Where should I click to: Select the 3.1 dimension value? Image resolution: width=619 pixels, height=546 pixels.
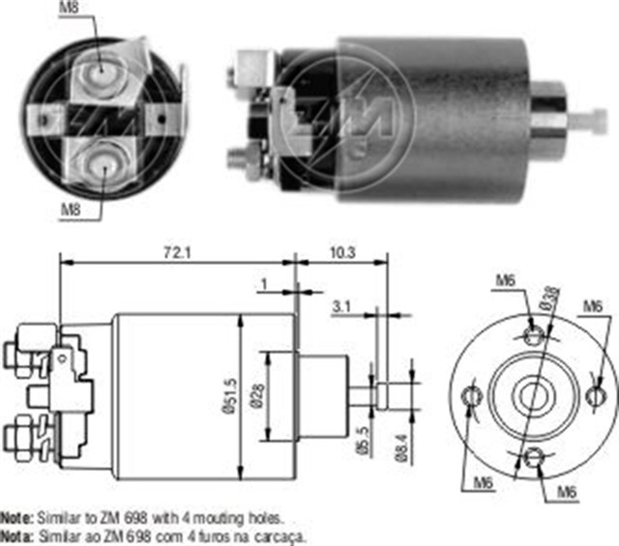click(x=340, y=307)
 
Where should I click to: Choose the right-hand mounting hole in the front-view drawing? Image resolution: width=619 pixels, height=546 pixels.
click(x=595, y=395)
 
